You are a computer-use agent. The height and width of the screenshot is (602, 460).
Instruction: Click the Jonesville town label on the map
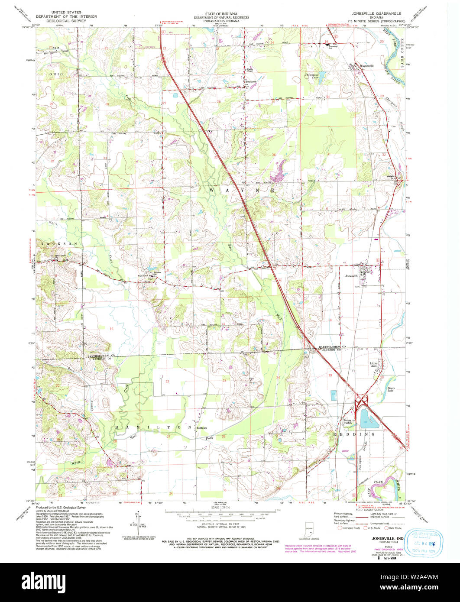tap(351, 275)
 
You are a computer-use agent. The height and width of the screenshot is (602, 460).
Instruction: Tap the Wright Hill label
tap(392, 178)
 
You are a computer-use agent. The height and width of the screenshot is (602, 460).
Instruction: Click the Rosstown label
tap(251, 81)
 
